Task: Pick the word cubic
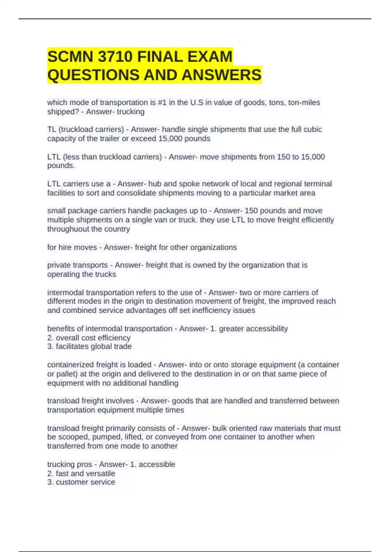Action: point(313,130)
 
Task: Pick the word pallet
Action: point(67,374)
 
